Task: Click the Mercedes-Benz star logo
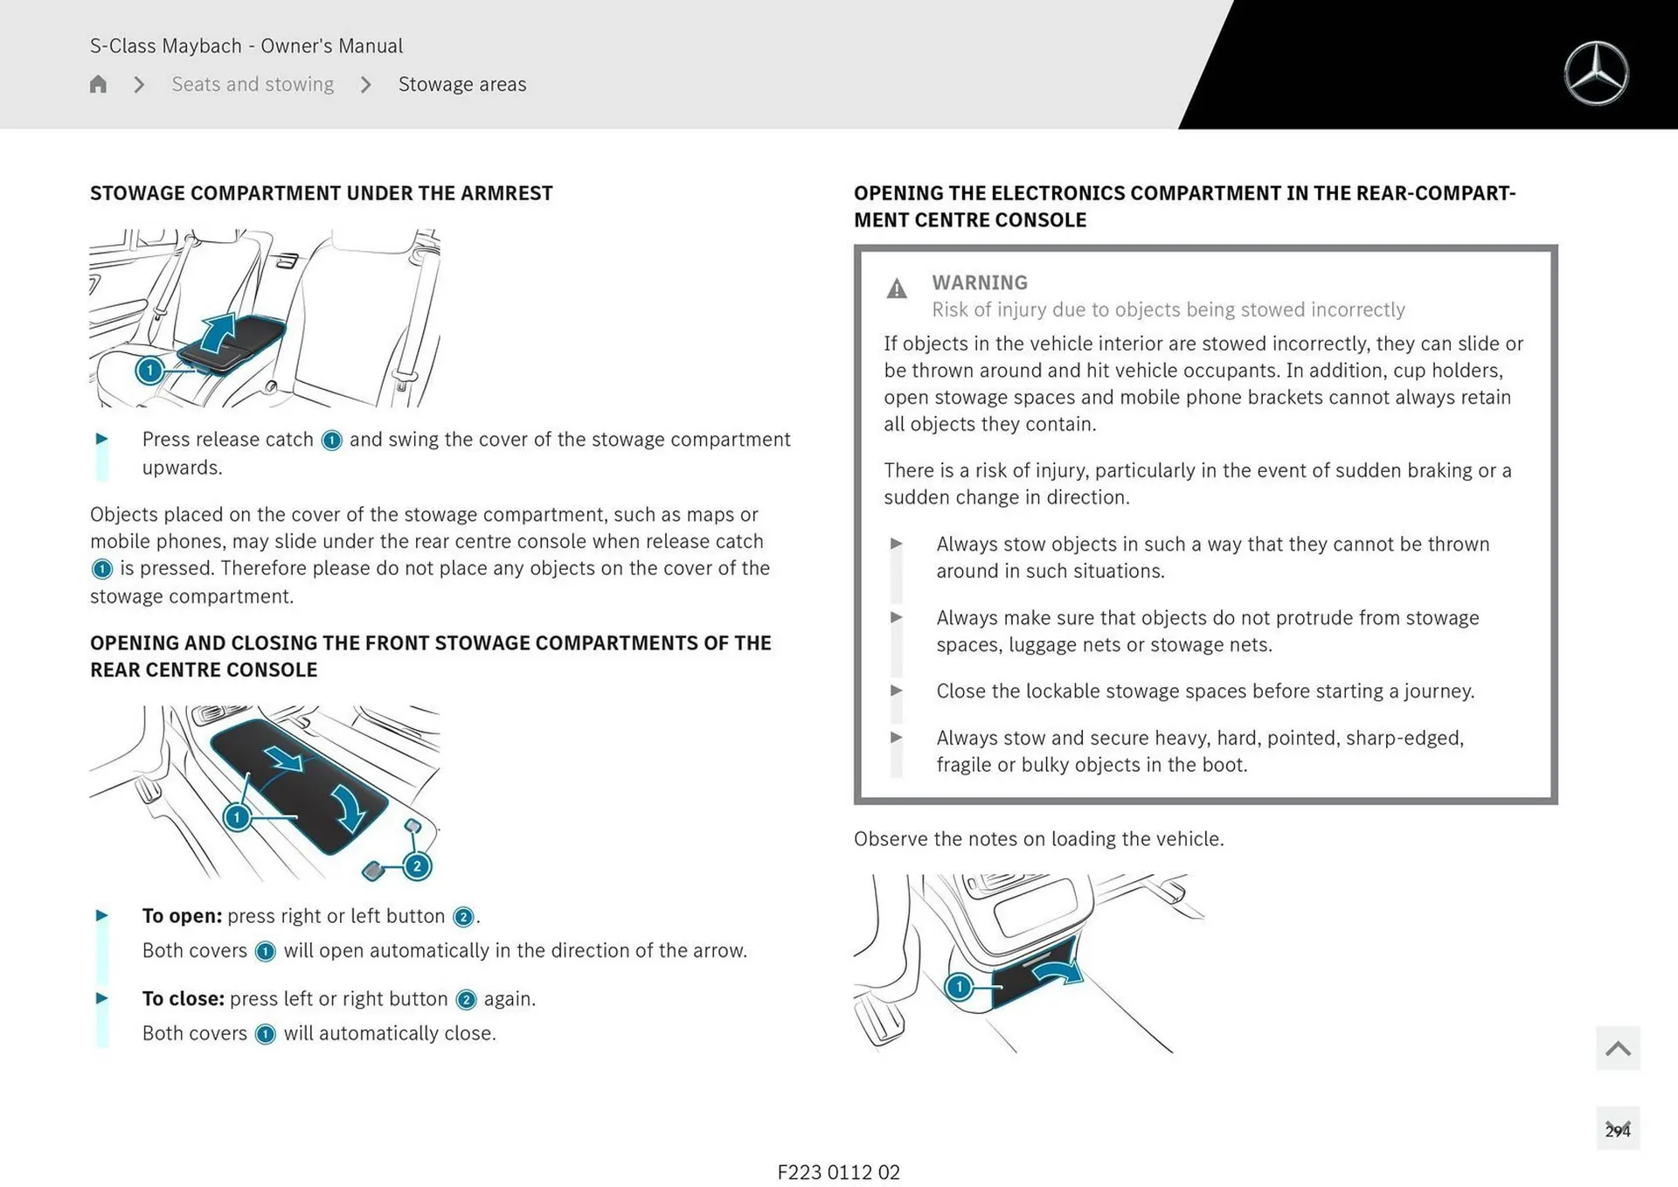pos(1596,73)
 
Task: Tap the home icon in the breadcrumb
pos(98,84)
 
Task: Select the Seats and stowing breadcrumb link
pos(253,84)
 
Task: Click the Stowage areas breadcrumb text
pos(462,84)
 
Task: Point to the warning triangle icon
pos(897,288)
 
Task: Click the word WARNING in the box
pos(980,282)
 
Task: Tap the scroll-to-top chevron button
pos(1618,1048)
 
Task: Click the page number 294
pos(1618,1130)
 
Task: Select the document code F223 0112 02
pos(838,1172)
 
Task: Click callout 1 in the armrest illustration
pos(149,371)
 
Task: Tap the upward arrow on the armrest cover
pos(218,331)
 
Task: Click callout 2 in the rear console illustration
pos(417,866)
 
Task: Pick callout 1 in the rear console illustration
pos(236,818)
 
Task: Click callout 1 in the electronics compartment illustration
pos(959,987)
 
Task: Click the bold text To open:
pos(182,916)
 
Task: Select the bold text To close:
pos(183,998)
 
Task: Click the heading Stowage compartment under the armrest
pos(321,193)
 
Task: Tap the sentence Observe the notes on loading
pos(1038,839)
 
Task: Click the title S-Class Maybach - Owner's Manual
pos(246,45)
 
